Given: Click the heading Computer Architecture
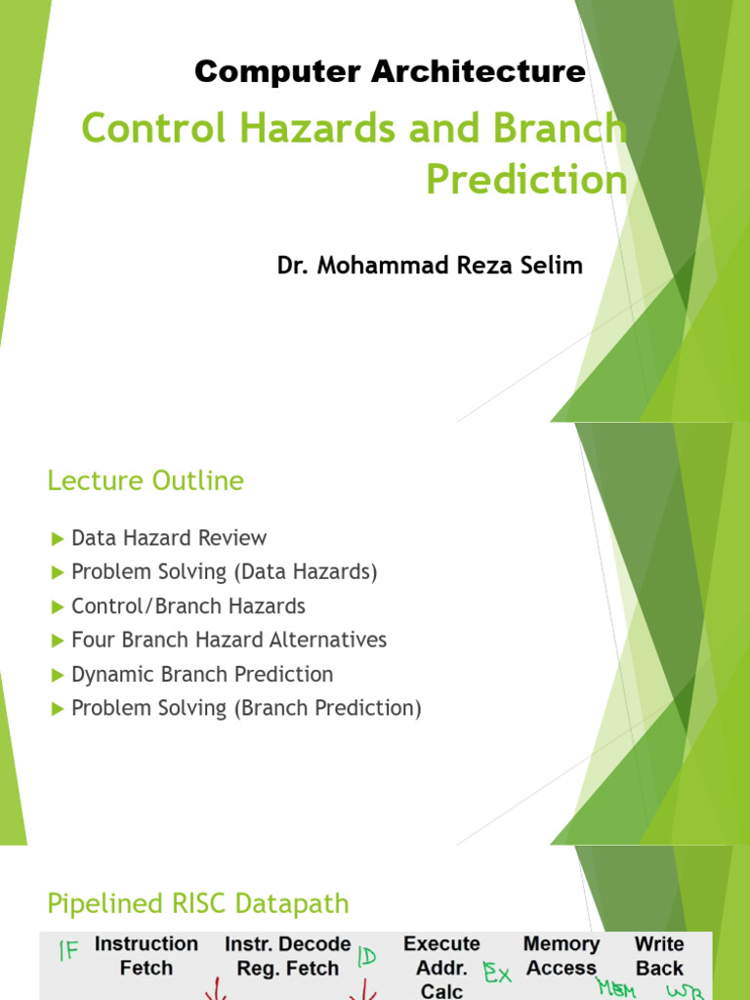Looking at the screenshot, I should click(x=390, y=71).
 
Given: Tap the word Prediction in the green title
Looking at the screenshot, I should click(x=526, y=180).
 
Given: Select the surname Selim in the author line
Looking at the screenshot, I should click(x=552, y=266).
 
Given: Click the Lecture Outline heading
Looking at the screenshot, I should click(x=146, y=480).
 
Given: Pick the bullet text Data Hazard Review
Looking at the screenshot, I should click(x=169, y=538).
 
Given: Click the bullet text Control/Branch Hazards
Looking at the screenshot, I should click(x=188, y=606).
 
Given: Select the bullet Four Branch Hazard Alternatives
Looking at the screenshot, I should click(x=229, y=641).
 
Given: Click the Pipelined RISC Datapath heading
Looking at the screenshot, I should click(x=198, y=903).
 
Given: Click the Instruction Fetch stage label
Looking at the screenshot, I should click(x=146, y=956).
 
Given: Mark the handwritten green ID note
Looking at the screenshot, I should click(x=368, y=956).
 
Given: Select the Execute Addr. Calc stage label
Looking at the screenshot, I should click(x=441, y=967).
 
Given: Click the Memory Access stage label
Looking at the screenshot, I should click(x=562, y=956).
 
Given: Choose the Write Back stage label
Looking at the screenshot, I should click(x=659, y=956).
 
